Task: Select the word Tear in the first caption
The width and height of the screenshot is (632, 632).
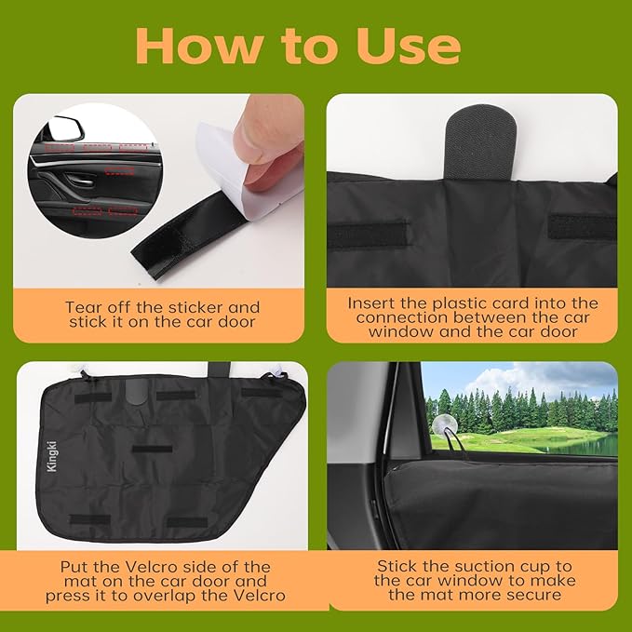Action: (x=85, y=306)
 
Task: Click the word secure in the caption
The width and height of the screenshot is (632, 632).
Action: (x=533, y=595)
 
